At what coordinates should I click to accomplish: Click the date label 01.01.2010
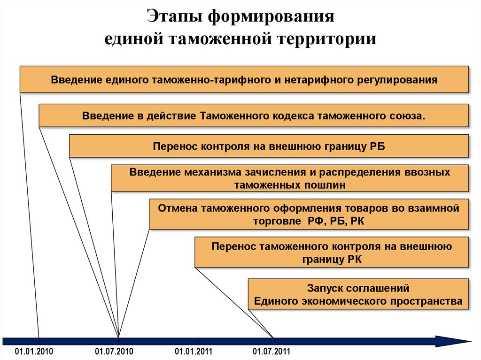coord(34,352)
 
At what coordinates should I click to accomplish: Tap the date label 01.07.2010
coord(115,352)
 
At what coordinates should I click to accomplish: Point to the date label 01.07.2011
coord(272,352)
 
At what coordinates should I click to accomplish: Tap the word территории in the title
coord(328,38)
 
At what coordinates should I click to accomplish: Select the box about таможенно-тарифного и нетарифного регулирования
coord(244,79)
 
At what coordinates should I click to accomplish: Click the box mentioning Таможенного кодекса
coord(254,115)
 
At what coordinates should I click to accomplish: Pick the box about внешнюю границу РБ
coord(269,146)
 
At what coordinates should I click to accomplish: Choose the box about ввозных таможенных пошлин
coord(290,178)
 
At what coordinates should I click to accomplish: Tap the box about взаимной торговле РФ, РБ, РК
coord(309,214)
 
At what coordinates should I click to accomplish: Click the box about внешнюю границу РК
coord(332,253)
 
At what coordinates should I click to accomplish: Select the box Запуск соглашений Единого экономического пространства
coord(358,294)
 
